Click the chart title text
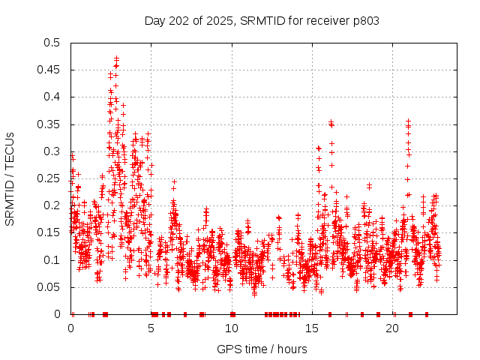click(262, 20)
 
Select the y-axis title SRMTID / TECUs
click(10, 178)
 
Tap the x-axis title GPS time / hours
click(261, 349)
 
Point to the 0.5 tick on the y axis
click(52, 43)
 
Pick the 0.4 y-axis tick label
click(52, 97)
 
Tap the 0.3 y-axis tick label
click(52, 151)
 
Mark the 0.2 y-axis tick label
click(52, 205)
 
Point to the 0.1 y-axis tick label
click(52, 260)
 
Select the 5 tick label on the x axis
click(151, 328)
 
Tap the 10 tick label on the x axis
click(232, 328)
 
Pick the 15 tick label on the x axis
click(313, 328)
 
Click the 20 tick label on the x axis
click(393, 328)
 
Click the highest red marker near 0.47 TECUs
click(117, 58)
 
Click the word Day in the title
click(154, 20)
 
